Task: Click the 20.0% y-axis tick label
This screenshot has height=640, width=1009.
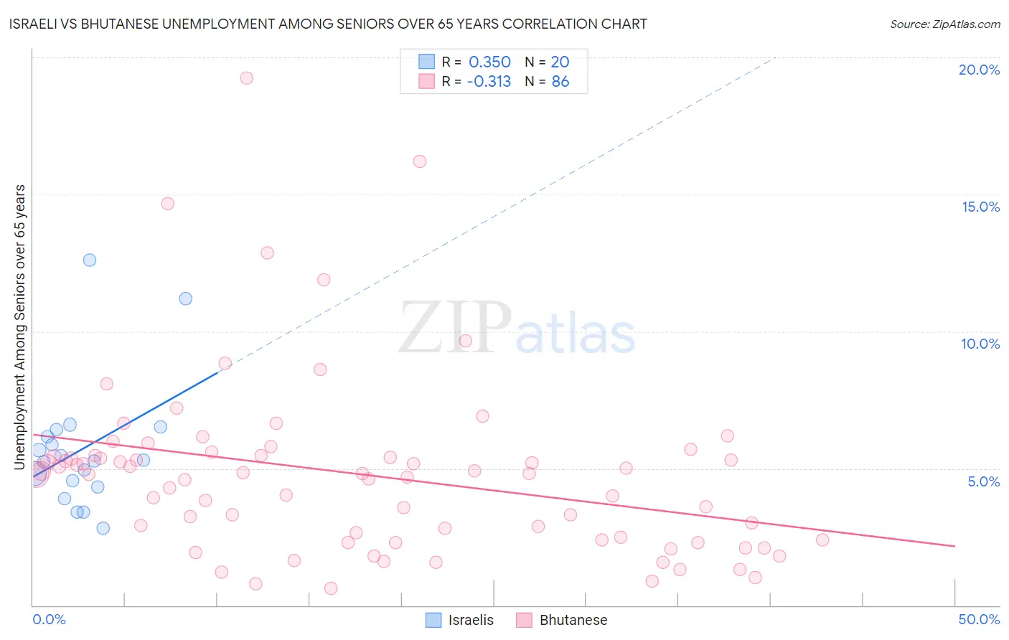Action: [x=979, y=70]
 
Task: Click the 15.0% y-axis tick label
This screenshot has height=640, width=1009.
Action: [x=980, y=207]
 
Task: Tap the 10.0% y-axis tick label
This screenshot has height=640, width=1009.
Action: [x=980, y=344]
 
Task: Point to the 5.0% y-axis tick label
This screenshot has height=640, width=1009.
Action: [x=983, y=481]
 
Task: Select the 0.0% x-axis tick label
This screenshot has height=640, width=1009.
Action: [x=49, y=619]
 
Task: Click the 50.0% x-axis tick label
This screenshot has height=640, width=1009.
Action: [x=979, y=619]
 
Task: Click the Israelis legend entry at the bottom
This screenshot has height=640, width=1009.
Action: [x=460, y=620]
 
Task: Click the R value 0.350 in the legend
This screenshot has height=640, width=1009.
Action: [x=489, y=62]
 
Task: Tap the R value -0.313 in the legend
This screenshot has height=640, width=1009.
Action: [x=489, y=82]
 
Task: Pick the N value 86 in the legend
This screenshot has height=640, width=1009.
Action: [x=560, y=82]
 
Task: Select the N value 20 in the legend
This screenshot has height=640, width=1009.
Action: [x=560, y=62]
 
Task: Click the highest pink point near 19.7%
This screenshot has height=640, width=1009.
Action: [x=246, y=78]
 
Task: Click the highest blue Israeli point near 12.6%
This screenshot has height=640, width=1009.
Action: [x=90, y=260]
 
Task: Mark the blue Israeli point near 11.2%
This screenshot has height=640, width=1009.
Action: [x=186, y=298]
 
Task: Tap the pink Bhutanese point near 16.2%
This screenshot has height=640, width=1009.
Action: [x=420, y=161]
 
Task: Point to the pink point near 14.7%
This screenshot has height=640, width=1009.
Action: [x=168, y=204]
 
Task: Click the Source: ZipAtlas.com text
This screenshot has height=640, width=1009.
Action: [x=944, y=24]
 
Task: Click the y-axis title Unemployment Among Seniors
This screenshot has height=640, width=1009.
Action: [x=20, y=327]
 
